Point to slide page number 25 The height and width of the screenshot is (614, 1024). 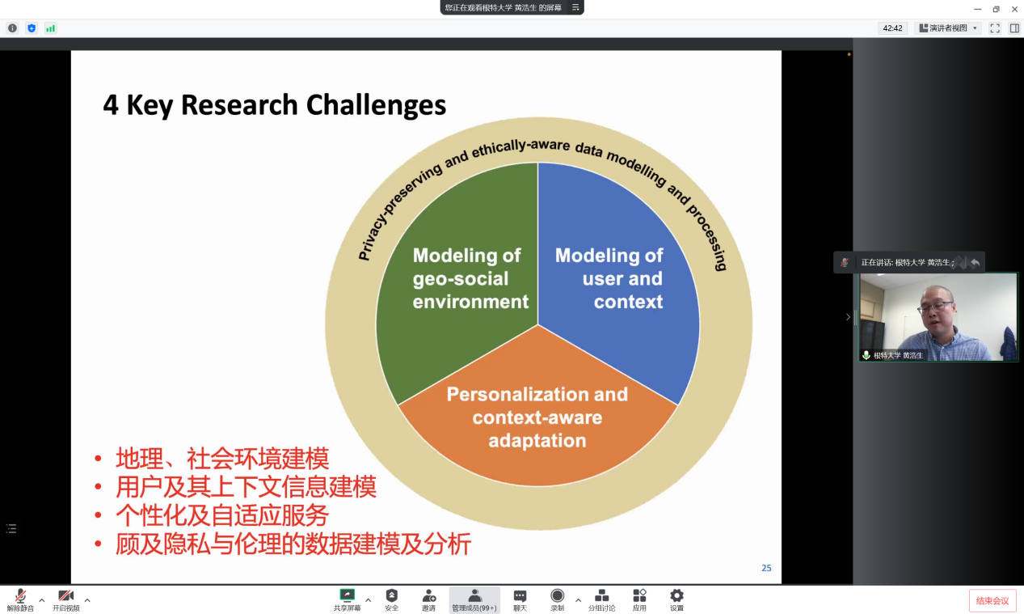click(766, 568)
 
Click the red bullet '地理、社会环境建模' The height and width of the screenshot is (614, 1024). click(222, 459)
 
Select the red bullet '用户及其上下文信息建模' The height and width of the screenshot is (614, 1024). click(246, 487)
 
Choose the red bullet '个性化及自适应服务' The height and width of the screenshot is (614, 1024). click(222, 515)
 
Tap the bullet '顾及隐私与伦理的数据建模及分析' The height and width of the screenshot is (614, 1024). click(293, 544)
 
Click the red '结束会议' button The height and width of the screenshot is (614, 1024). click(992, 600)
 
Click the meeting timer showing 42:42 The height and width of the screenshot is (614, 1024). click(892, 28)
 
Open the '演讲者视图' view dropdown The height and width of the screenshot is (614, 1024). click(948, 28)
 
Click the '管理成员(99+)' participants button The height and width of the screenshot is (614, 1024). click(474, 599)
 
